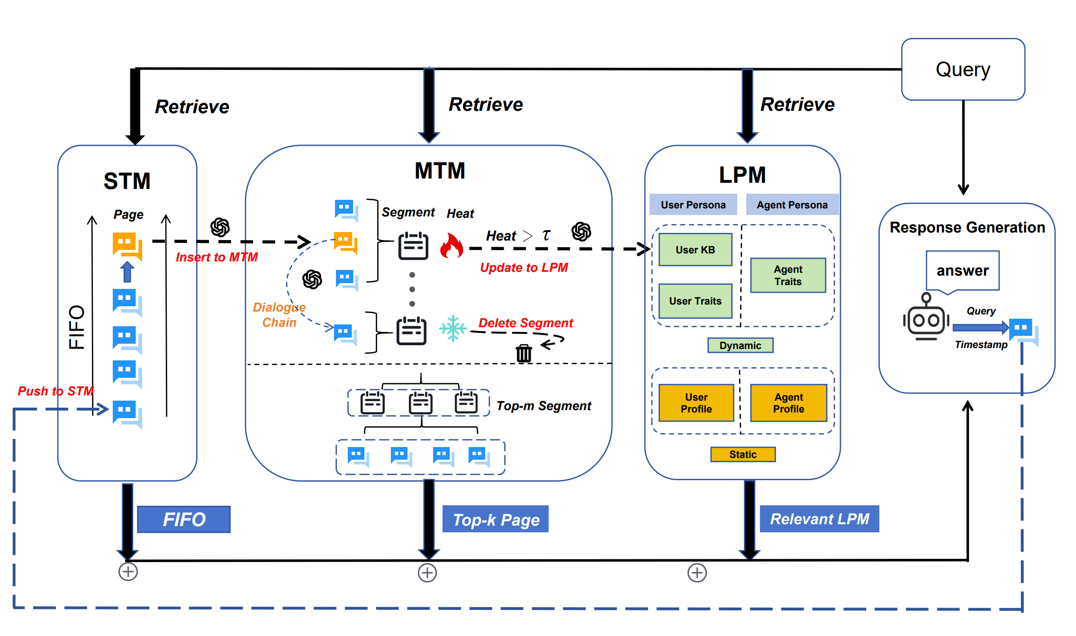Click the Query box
pyautogui.click(x=963, y=69)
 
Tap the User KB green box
pyautogui.click(x=695, y=250)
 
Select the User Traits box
pyautogui.click(x=695, y=301)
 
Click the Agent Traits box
pyautogui.click(x=788, y=275)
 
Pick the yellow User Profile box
pyautogui.click(x=696, y=403)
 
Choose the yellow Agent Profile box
pyautogui.click(x=788, y=403)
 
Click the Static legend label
pyautogui.click(x=743, y=454)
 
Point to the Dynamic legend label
pyautogui.click(x=740, y=345)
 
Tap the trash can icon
pyautogui.click(x=524, y=353)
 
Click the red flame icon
pyautogui.click(x=451, y=245)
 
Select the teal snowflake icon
pyautogui.click(x=452, y=328)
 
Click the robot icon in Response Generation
pyautogui.click(x=926, y=317)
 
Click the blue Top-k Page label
pyautogui.click(x=496, y=519)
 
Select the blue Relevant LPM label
pyautogui.click(x=819, y=519)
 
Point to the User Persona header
pyautogui.click(x=693, y=205)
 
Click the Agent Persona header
pyautogui.click(x=792, y=205)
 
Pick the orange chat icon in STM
pyautogui.click(x=127, y=246)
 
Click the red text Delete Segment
pyautogui.click(x=525, y=323)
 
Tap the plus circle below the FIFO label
pyautogui.click(x=128, y=572)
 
